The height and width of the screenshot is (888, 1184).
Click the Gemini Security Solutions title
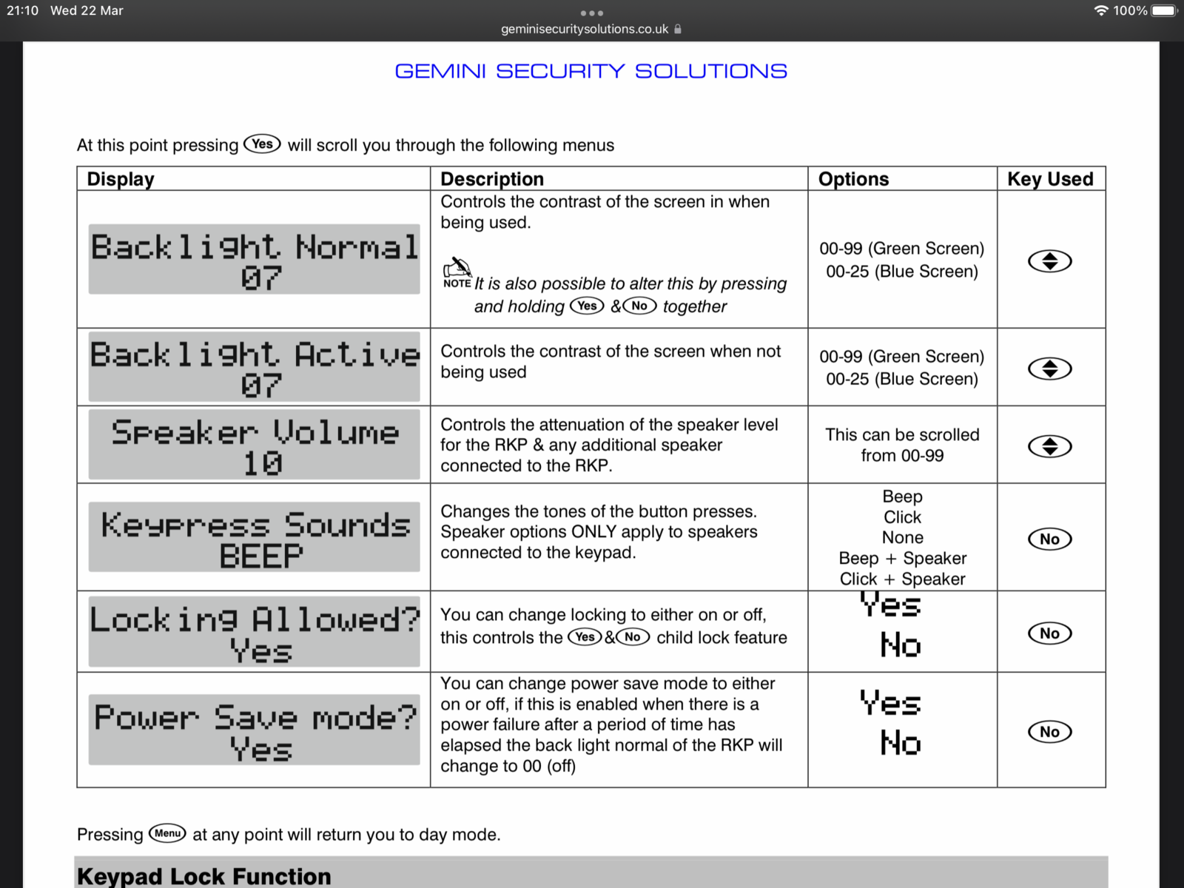pos(591,71)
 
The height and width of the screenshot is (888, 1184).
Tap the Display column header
pos(121,179)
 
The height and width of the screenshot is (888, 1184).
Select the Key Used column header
pos(1050,179)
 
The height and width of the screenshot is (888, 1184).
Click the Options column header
pos(853,179)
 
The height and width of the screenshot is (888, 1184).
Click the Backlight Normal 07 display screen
pos(254,260)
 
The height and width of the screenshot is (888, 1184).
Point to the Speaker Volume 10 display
pos(254,445)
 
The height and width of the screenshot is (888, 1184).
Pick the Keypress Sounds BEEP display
pos(254,537)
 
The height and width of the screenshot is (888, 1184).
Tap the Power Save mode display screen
pos(254,730)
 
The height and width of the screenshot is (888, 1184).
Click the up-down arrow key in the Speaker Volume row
pos(1049,446)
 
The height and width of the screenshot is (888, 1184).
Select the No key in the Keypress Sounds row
pos(1049,539)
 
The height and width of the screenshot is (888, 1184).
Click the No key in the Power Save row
pos(1049,732)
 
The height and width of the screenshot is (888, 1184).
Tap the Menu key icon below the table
pos(167,833)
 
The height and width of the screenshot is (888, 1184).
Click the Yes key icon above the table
pos(262,144)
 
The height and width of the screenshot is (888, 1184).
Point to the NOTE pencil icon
pos(457,271)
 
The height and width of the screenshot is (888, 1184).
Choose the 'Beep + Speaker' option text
pos(902,559)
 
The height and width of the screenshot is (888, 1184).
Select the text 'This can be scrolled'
pos(902,435)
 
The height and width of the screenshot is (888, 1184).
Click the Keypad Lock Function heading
pos(204,876)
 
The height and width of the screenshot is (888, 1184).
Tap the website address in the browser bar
pos(585,30)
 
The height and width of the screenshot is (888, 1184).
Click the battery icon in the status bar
pos(1164,10)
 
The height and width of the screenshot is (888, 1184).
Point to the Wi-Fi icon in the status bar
pos(1101,10)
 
